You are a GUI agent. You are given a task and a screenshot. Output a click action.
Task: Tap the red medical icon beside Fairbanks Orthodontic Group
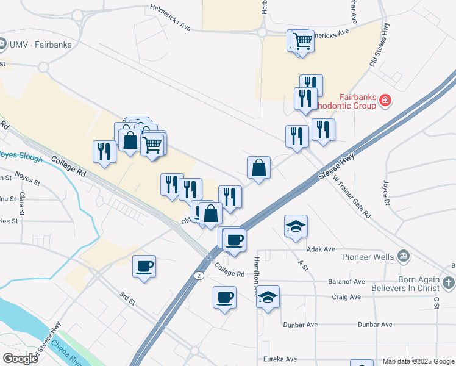coord(385,100)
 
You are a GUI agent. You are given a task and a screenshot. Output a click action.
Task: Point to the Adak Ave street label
coord(321,249)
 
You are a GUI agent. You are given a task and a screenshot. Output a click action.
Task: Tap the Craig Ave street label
coord(347,297)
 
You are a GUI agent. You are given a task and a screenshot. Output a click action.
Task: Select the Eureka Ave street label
coord(280,359)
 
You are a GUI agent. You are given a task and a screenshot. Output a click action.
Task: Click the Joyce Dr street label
coord(385,190)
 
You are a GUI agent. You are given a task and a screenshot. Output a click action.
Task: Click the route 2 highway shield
coord(199,276)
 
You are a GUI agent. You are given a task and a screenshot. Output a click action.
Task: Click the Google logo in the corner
coord(20,359)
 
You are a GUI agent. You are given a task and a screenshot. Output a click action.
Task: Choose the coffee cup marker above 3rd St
coord(144,267)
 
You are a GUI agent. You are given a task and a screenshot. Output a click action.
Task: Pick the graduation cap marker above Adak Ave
coord(296,226)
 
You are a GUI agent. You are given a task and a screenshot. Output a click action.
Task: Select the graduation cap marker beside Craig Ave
coord(268,297)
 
